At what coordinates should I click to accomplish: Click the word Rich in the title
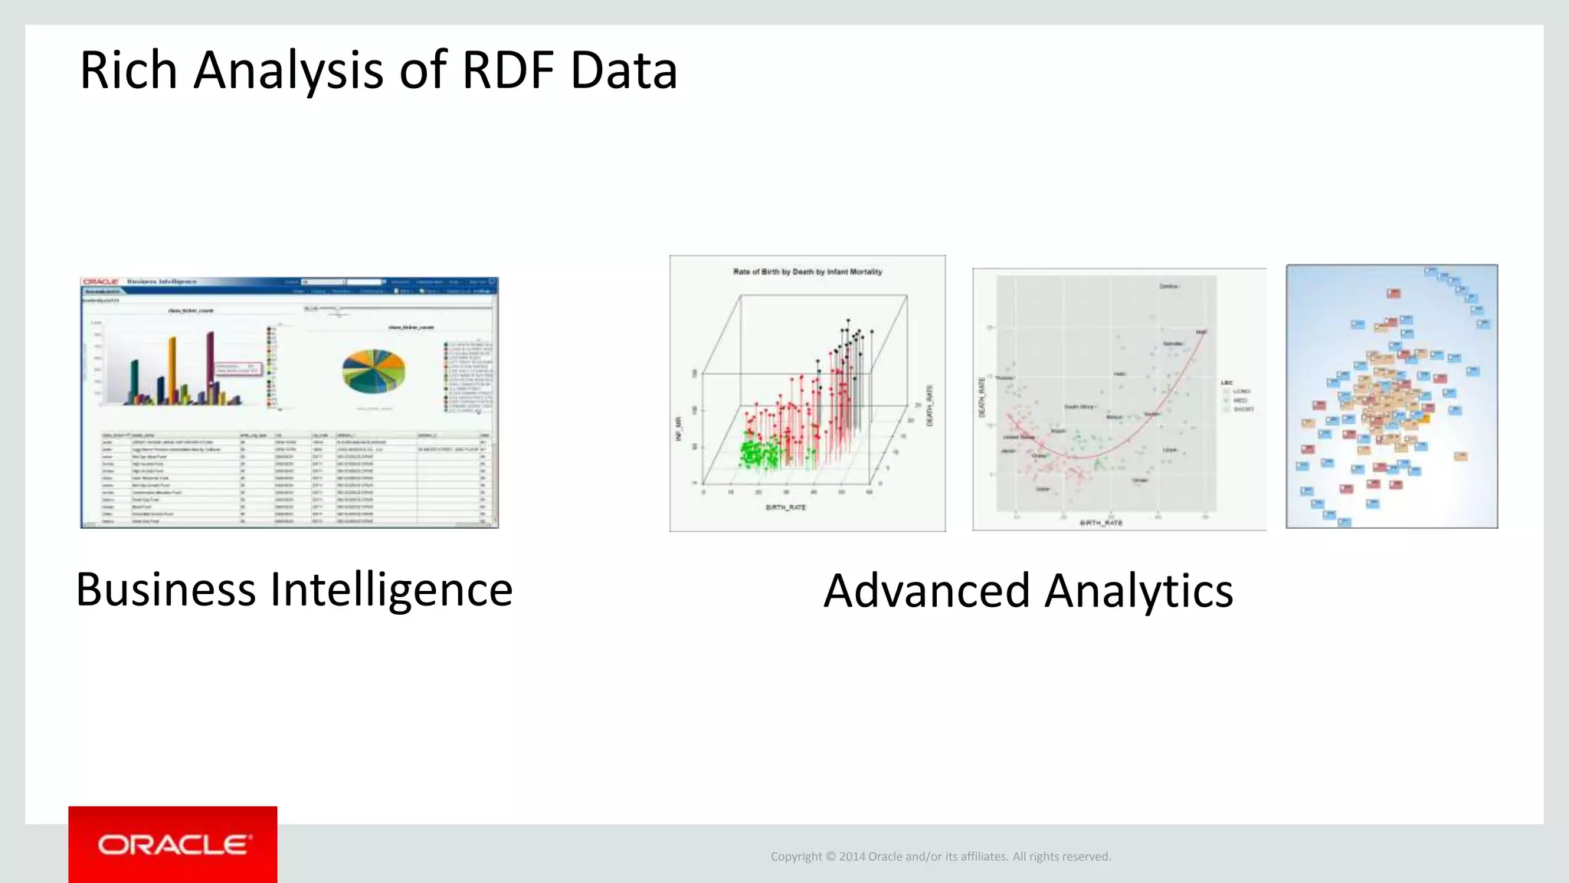[128, 71]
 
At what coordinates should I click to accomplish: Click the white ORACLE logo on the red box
[174, 845]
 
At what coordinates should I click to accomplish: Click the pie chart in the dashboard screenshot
[373, 371]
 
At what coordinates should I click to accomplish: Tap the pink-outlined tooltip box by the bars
[238, 369]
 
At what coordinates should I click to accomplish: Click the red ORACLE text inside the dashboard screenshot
[100, 282]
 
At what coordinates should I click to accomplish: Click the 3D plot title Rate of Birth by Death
[807, 271]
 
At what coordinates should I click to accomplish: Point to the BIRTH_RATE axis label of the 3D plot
[785, 507]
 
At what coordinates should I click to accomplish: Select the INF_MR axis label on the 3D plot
[678, 428]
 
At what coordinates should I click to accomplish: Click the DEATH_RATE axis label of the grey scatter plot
[981, 397]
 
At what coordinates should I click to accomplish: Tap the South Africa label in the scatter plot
[1079, 407]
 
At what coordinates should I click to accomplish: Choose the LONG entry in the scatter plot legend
[1241, 392]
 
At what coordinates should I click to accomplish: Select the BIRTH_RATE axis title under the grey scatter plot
[1100, 523]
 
